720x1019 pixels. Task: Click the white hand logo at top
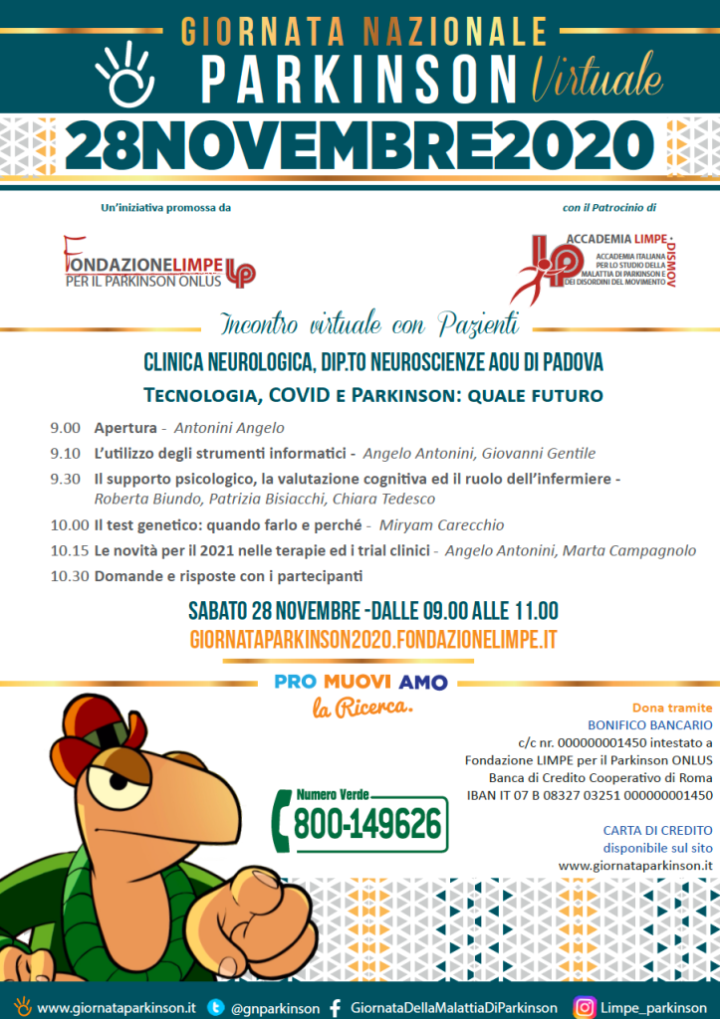(x=125, y=74)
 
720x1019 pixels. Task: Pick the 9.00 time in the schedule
(x=66, y=428)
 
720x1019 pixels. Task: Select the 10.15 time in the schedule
(x=69, y=550)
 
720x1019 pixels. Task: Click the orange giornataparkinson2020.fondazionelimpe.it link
(x=371, y=640)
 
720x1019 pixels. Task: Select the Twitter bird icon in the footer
(x=215, y=1007)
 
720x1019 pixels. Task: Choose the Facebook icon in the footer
(x=335, y=1007)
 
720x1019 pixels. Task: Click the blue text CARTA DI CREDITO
(x=657, y=830)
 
